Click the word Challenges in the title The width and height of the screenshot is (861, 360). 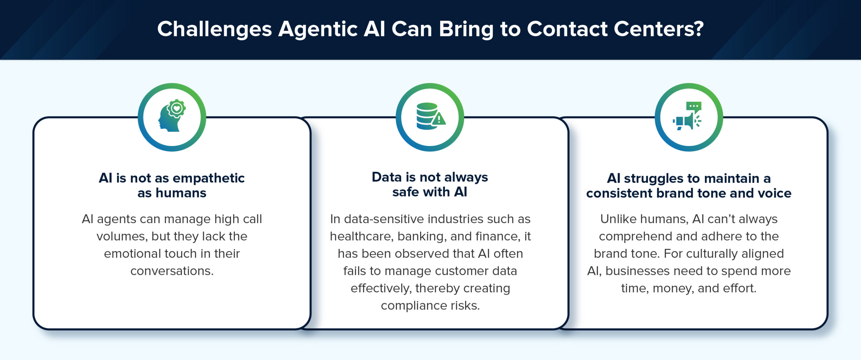[x=214, y=29]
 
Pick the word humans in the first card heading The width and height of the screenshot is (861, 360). [x=181, y=193]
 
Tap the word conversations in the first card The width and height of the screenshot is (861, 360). [x=172, y=271]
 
